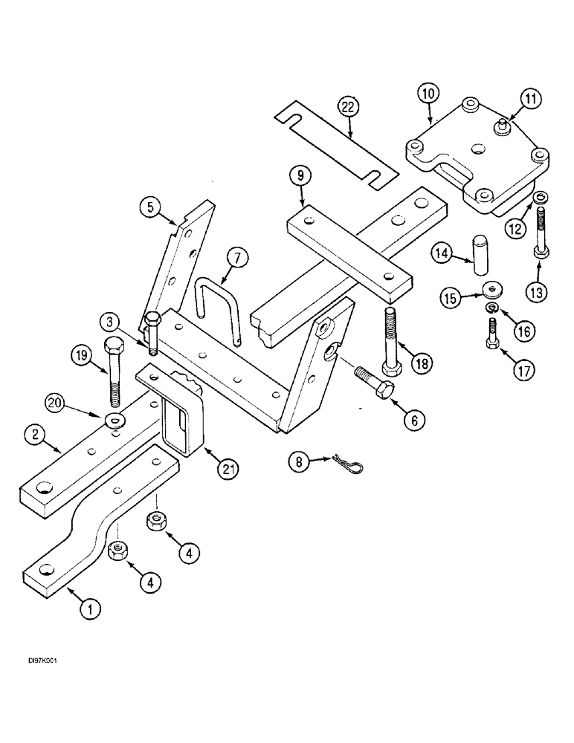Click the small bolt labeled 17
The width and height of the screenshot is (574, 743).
click(493, 331)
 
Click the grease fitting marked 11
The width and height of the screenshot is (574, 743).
click(503, 125)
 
